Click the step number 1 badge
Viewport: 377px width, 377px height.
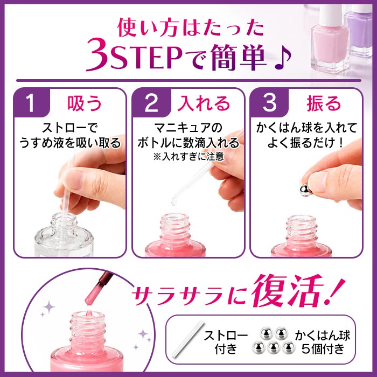coord(31,103)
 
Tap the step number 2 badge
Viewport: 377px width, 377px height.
coord(151,103)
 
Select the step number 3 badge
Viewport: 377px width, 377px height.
coord(269,103)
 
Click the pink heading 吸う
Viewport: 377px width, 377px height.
coord(85,103)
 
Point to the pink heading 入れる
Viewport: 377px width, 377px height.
coord(204,103)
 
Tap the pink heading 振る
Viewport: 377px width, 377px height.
coord(324,103)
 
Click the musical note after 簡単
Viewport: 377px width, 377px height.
coord(283,58)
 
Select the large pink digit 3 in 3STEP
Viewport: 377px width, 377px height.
coord(97,54)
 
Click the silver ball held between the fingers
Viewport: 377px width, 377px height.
coord(305,191)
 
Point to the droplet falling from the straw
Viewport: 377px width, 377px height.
coord(174,201)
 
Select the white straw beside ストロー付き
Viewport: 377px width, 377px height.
coord(186,339)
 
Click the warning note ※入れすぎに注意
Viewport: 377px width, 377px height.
coord(188,157)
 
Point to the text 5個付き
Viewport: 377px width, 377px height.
coord(323,349)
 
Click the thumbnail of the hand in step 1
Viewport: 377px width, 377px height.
coord(72,179)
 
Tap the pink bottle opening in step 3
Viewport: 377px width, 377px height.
coord(301,219)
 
